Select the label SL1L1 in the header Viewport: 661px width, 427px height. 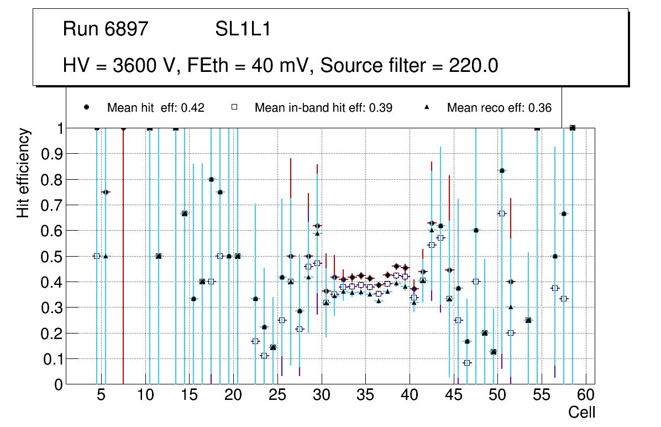click(243, 29)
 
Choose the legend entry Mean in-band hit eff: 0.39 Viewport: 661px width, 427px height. click(323, 108)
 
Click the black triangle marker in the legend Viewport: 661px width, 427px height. click(427, 107)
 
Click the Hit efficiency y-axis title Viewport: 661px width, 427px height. click(23, 173)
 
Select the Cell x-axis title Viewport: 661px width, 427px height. click(582, 412)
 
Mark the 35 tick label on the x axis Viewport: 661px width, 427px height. click(365, 396)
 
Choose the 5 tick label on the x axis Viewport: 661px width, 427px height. click(101, 396)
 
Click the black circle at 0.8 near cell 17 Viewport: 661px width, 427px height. click(211, 179)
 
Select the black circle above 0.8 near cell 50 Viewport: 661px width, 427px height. click(502, 170)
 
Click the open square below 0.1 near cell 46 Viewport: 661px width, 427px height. click(467, 363)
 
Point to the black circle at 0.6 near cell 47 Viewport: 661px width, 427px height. click(476, 230)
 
